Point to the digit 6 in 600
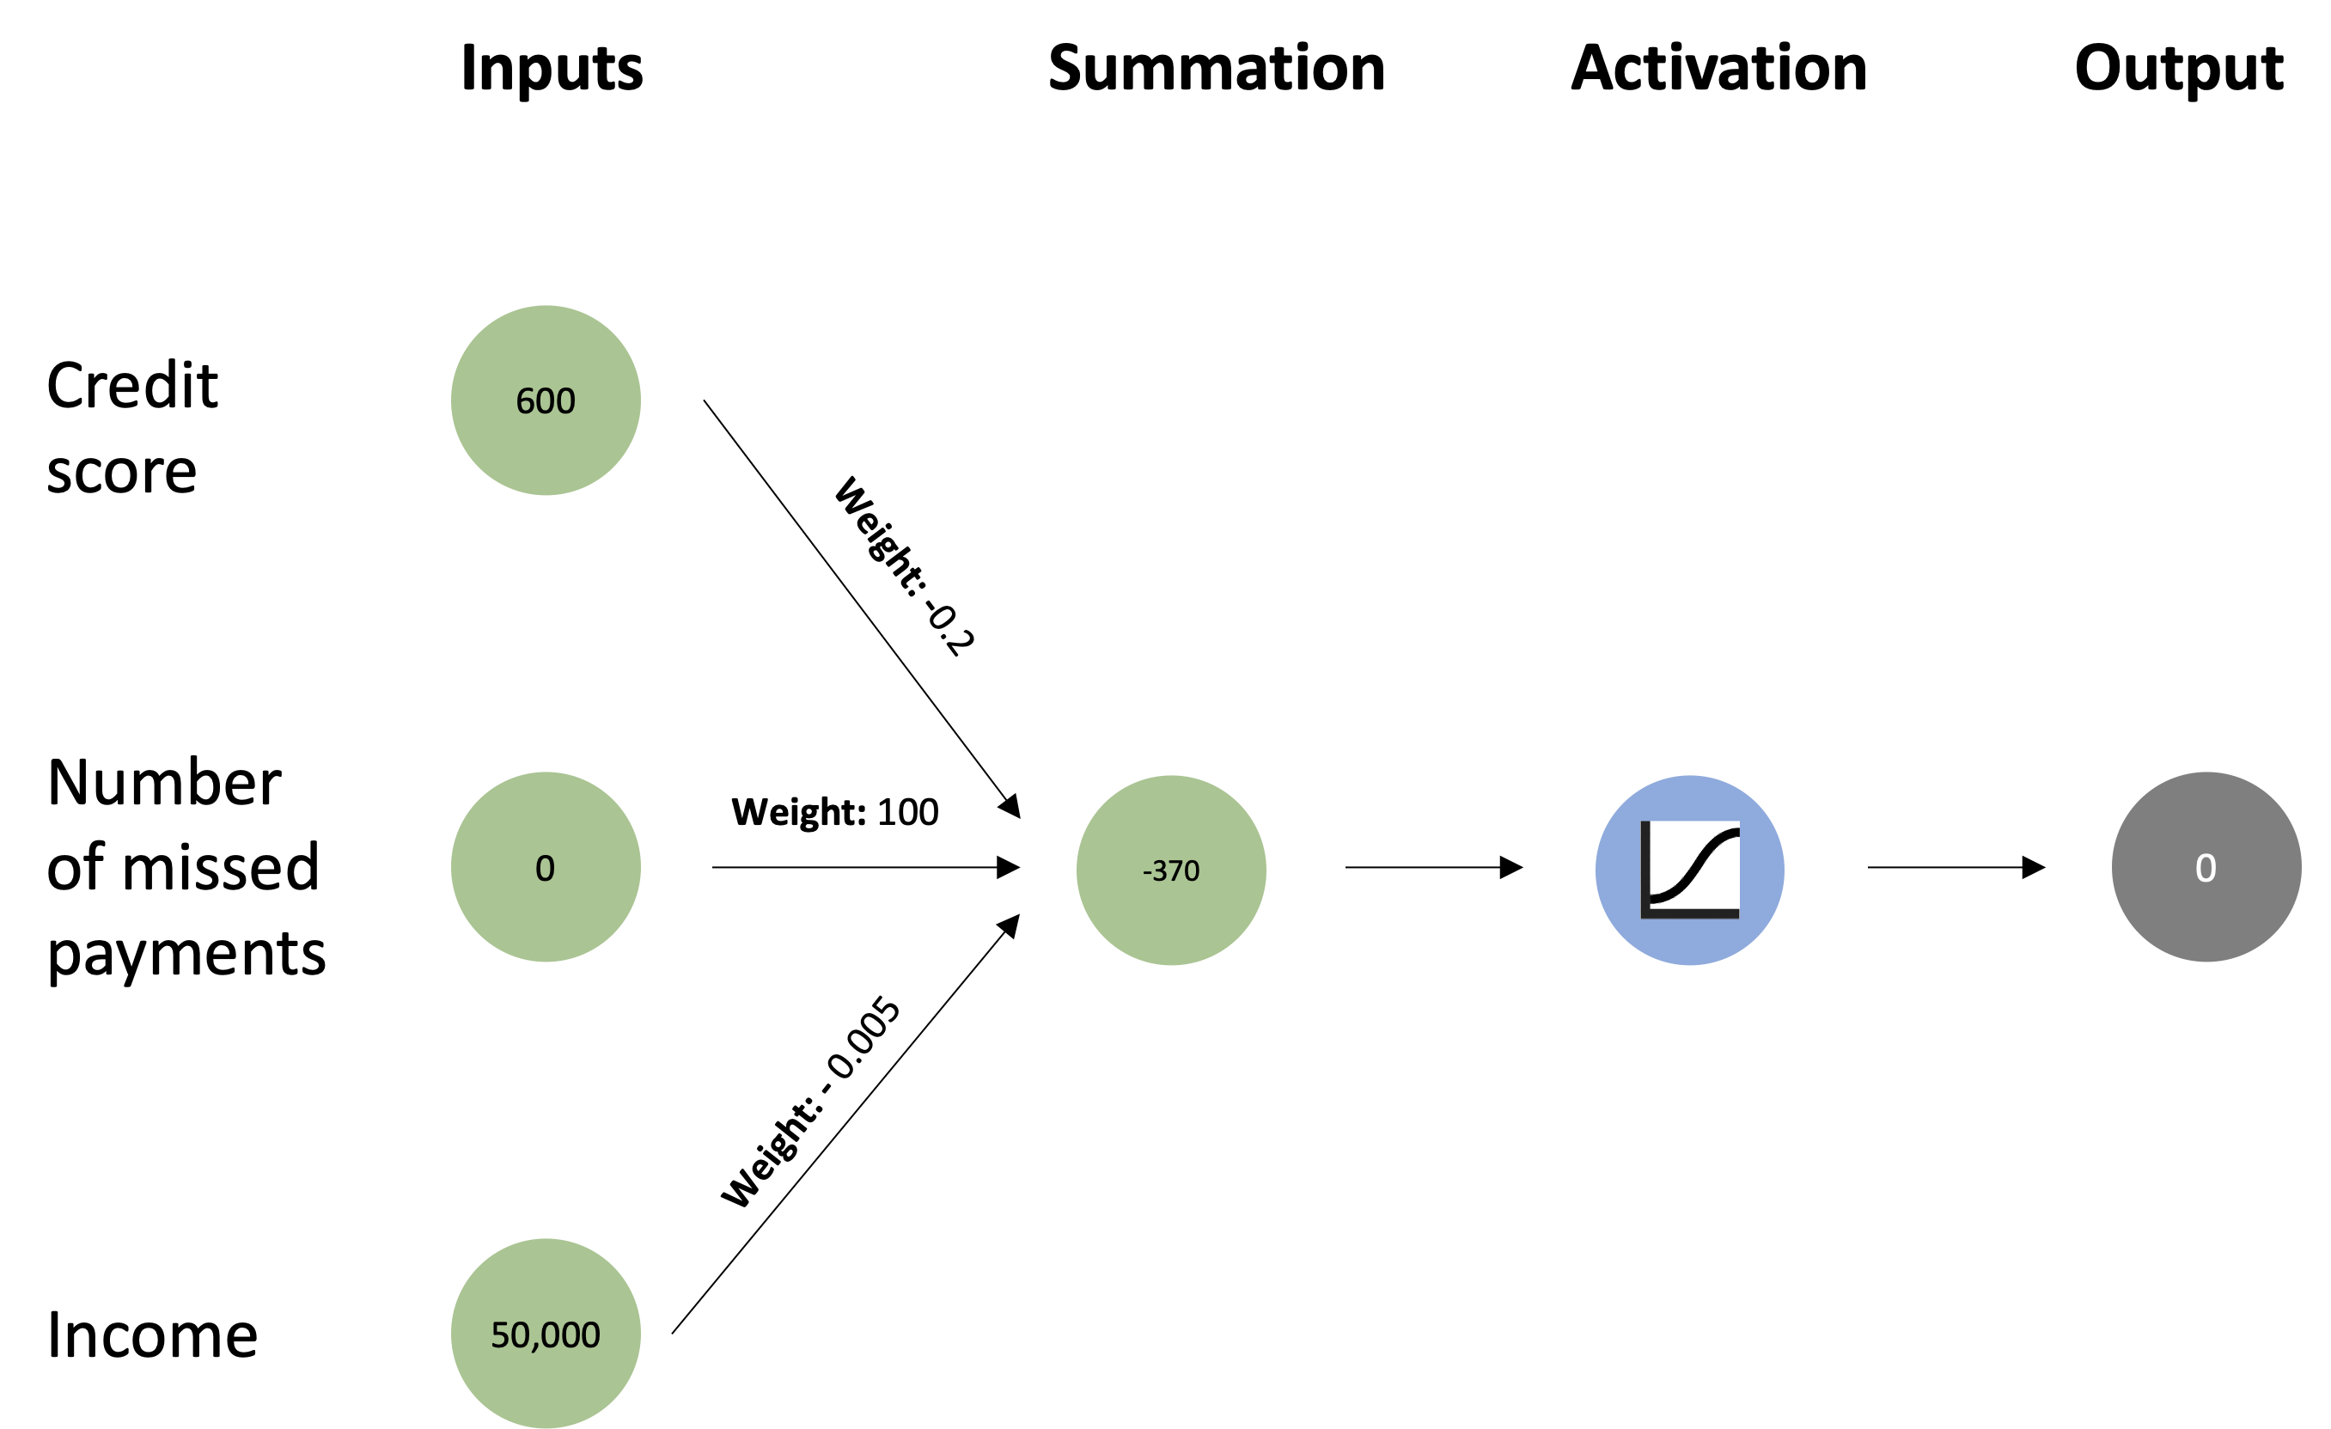tap(525, 401)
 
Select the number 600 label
tap(546, 401)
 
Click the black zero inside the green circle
tap(545, 868)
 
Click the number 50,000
tap(546, 1335)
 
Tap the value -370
tap(1171, 870)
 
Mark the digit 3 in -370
tap(1160, 870)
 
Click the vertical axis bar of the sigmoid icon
tap(1645, 866)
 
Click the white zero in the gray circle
tap(2206, 868)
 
